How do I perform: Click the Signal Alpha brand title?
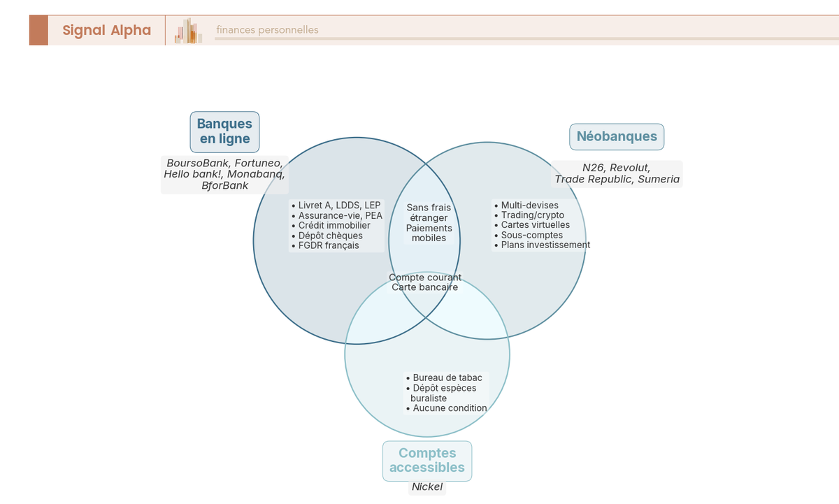(x=106, y=30)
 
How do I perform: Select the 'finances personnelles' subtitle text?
(x=267, y=30)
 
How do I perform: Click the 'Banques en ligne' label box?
(x=224, y=131)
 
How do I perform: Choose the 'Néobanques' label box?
(x=617, y=136)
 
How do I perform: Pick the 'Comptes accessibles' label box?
(x=426, y=461)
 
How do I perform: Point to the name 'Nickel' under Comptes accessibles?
(x=427, y=487)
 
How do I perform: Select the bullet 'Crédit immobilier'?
(x=334, y=226)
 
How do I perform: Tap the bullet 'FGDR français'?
(x=328, y=245)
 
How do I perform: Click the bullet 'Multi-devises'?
(x=529, y=206)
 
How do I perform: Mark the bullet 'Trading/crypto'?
(x=532, y=215)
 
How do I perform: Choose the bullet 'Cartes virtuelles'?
(x=535, y=225)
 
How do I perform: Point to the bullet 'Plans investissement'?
(x=545, y=245)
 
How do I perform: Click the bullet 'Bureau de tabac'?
(x=447, y=377)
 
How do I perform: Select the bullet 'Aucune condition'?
(x=449, y=408)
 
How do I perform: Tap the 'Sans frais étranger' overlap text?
(x=429, y=213)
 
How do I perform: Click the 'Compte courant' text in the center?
(x=425, y=278)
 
